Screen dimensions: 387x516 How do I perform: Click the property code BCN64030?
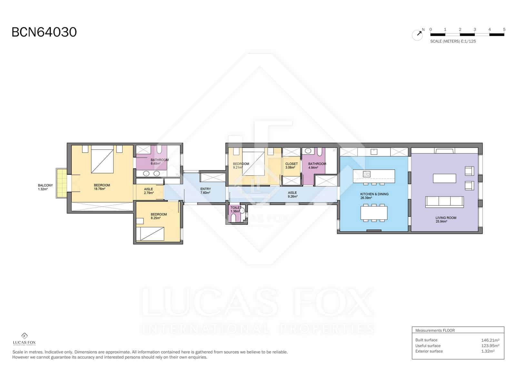coord(44,32)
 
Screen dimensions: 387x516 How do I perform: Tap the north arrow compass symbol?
coord(418,35)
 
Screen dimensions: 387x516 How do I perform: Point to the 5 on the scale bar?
coord(504,29)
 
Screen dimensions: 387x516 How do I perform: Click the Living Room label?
coord(446,219)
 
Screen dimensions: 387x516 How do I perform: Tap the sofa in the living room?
coord(444,202)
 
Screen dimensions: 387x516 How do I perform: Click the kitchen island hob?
coord(367,174)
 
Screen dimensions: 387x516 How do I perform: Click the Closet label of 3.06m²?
coord(292,165)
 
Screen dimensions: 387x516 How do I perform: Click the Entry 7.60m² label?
coord(205,191)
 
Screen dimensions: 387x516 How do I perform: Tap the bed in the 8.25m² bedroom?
coord(150,234)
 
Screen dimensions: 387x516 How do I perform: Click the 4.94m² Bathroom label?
coord(317,165)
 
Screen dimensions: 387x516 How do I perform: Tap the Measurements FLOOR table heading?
coord(435,331)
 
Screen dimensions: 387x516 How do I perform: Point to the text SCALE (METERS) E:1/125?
coord(453,41)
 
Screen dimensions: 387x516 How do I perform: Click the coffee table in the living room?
coord(444,178)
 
